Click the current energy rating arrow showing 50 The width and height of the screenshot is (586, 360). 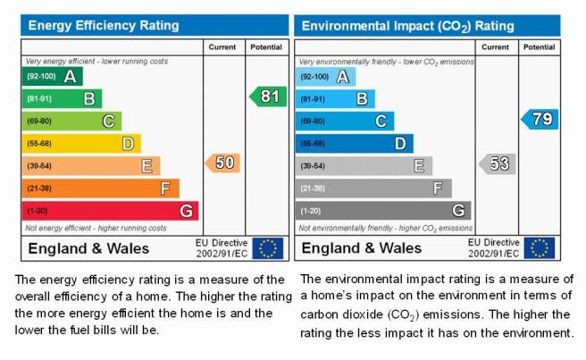pos(222,163)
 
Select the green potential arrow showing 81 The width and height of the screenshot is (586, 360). pos(268,96)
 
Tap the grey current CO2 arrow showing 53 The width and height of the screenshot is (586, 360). pos(498,163)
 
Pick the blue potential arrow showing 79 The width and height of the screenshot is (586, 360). pos(540,119)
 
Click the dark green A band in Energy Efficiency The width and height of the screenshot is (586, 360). pos(53,76)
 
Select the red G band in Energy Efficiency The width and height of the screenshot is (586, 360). pos(110,211)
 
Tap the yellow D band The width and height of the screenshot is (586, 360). pos(81,144)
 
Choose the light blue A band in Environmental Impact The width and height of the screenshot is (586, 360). pos(325,77)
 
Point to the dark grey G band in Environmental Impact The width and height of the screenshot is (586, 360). pos(383,211)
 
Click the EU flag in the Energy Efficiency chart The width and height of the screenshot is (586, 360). pos(268,248)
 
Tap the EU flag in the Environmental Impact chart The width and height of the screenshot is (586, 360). pos(540,248)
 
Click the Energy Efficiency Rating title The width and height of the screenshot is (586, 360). pos(104,25)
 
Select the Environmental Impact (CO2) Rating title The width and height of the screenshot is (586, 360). pos(407,26)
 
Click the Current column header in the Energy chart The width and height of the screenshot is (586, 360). pos(222,47)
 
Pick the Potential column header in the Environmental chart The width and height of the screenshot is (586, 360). pos(539,47)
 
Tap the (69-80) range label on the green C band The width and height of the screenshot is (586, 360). pos(39,121)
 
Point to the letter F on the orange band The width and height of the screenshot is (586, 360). pos(165,188)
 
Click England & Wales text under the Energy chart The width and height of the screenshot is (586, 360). pos(88,248)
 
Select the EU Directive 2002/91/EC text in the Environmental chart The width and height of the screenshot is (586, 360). pos(494,247)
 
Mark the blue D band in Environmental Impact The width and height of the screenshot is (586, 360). pos(355,144)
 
